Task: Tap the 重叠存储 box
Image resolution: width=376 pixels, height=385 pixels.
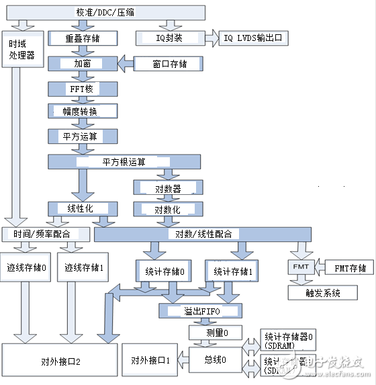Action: click(x=83, y=39)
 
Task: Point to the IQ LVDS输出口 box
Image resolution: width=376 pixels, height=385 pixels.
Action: click(x=254, y=39)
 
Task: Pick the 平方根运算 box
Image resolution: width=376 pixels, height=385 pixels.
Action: click(x=128, y=161)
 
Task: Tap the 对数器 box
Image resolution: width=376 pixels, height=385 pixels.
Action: click(x=167, y=189)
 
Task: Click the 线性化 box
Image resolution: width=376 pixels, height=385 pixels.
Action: click(x=80, y=209)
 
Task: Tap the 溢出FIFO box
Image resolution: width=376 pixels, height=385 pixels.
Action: click(x=199, y=311)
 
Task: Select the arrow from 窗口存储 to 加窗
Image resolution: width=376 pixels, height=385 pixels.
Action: click(x=125, y=64)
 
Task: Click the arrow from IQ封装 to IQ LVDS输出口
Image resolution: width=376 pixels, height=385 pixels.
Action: click(x=212, y=39)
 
